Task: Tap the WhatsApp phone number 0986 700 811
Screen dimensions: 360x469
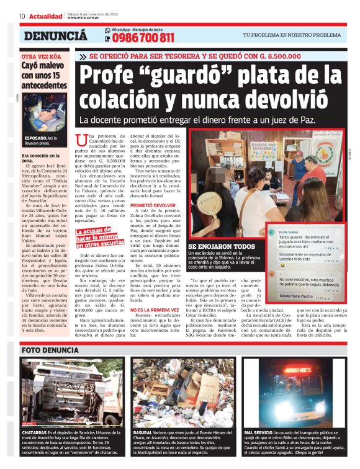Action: [142, 38]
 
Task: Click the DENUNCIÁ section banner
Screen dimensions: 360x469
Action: [55, 36]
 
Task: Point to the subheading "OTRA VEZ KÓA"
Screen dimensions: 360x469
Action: [41, 56]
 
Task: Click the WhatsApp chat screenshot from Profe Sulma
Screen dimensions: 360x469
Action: [303, 263]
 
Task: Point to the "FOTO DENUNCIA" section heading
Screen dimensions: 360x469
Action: [59, 350]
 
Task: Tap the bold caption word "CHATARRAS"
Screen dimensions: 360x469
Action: [34, 432]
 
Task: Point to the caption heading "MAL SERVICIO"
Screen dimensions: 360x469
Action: [260, 432]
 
